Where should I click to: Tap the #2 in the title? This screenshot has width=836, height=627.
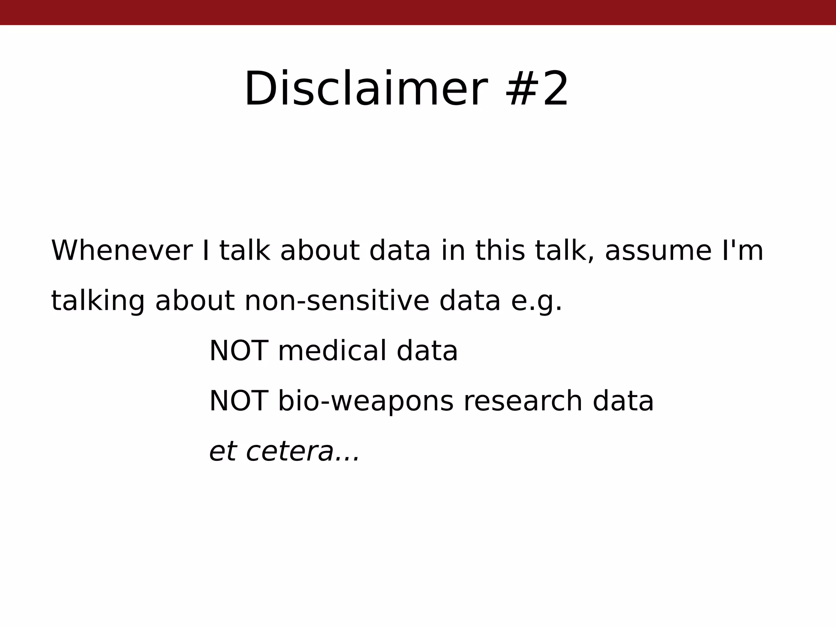pyautogui.click(x=536, y=89)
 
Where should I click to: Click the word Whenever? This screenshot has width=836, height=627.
pyautogui.click(x=122, y=250)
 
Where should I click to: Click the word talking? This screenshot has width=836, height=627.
pyautogui.click(x=98, y=301)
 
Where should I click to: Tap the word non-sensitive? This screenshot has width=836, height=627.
pyautogui.click(x=336, y=301)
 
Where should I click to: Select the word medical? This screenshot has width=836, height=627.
pyautogui.click(x=332, y=351)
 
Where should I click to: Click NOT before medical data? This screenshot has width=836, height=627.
pyautogui.click(x=238, y=351)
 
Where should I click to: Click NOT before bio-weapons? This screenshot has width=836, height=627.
pyautogui.click(x=238, y=401)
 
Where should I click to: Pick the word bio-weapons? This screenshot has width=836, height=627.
pyautogui.click(x=365, y=402)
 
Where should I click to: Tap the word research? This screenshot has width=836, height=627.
pyautogui.click(x=523, y=401)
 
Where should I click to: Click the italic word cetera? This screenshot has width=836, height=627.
pyautogui.click(x=290, y=451)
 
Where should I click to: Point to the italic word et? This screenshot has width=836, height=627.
pyautogui.click(x=223, y=451)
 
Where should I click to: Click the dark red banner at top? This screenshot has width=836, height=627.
pyautogui.click(x=418, y=12)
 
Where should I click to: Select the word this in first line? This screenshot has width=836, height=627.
pyautogui.click(x=500, y=250)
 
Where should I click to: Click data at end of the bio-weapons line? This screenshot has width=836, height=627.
pyautogui.click(x=623, y=401)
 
